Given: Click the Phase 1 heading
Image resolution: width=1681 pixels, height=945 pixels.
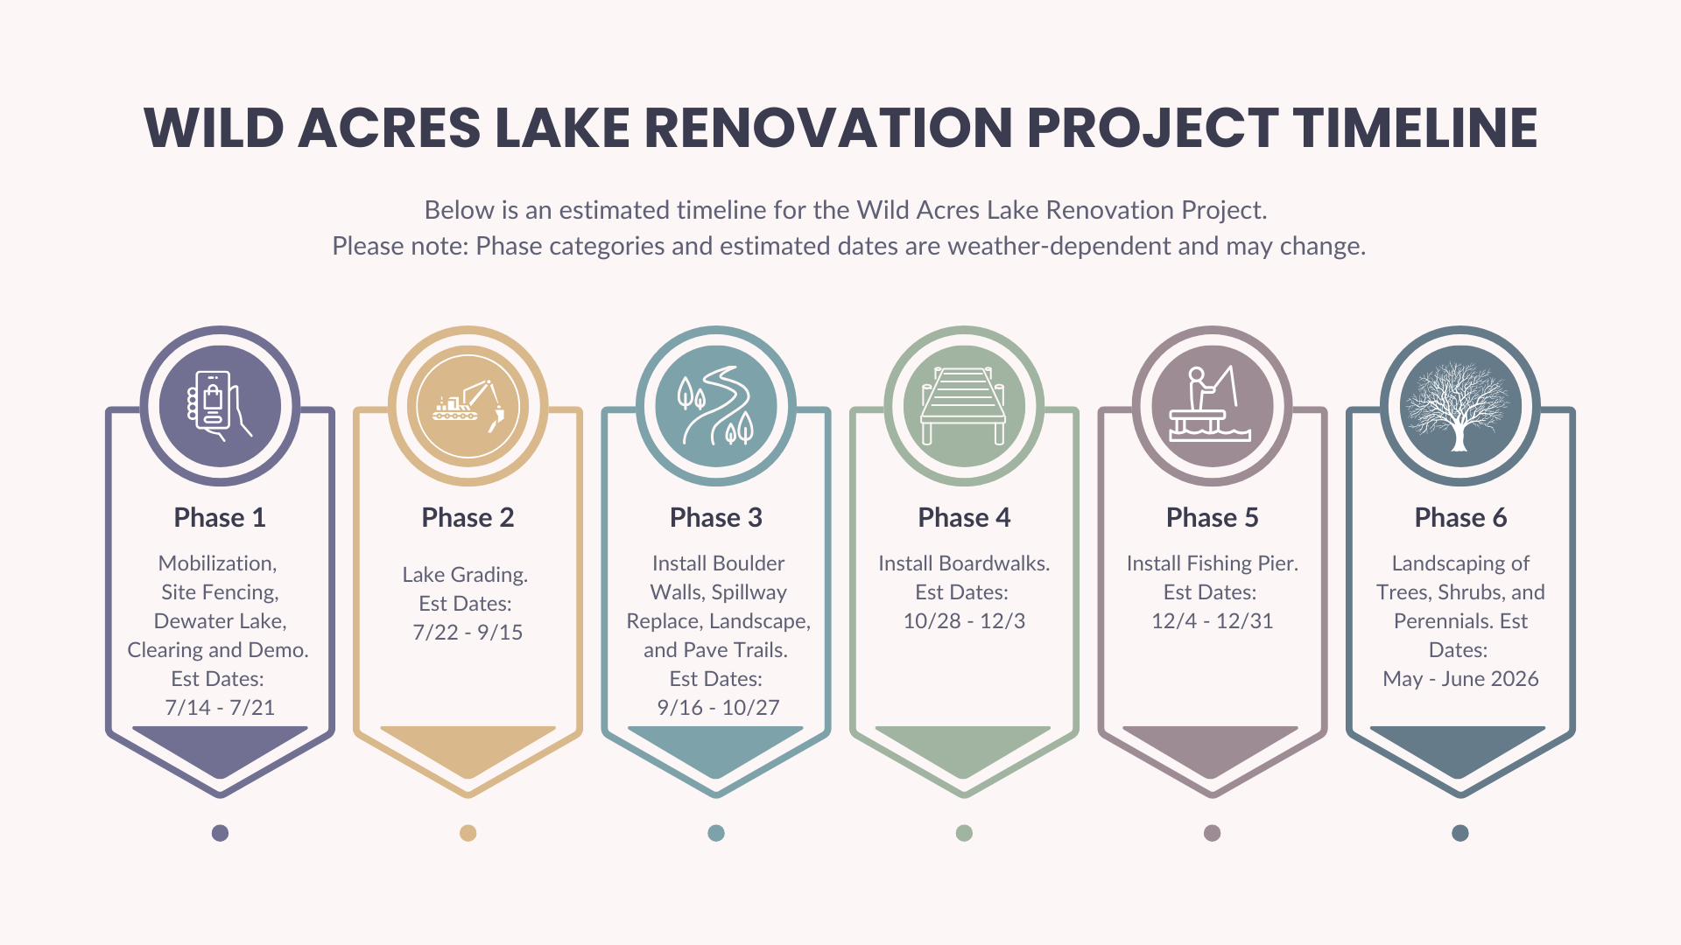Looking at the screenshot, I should (220, 518).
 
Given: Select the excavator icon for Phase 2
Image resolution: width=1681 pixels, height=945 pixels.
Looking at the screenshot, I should (468, 406).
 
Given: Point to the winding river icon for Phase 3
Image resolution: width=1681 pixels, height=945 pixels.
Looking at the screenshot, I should (716, 406).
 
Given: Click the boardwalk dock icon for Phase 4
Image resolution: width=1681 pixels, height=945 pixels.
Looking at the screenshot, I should (964, 406).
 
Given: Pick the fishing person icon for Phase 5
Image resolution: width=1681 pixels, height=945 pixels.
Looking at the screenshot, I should (1212, 406).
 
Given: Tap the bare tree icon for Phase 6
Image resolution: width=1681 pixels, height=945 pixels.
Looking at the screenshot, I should (1459, 406).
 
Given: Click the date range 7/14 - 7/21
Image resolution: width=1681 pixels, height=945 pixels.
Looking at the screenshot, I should (220, 708).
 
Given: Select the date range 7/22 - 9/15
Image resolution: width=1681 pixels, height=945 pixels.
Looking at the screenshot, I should (468, 633).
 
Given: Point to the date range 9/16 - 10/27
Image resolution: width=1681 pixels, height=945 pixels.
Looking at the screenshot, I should (718, 708).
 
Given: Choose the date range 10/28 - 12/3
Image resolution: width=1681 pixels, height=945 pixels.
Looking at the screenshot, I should (964, 621).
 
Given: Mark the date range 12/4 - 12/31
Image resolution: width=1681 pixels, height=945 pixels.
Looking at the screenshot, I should (1212, 621).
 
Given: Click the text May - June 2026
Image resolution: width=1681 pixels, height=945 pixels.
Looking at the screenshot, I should (1460, 679).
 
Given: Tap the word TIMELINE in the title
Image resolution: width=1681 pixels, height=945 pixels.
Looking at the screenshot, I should (1415, 128).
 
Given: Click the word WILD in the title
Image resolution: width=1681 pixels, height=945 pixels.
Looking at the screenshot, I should (215, 128).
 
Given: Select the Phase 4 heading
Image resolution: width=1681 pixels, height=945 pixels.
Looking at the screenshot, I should (964, 518).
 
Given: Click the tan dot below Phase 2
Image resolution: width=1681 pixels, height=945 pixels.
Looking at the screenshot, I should (468, 833).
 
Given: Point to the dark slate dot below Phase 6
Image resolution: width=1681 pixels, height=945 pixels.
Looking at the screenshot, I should (1459, 833).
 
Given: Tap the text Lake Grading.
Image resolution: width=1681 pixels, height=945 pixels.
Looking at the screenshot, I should (465, 575).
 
